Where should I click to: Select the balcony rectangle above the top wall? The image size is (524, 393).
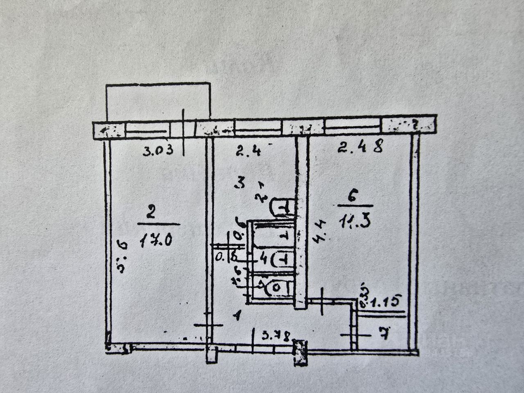[158, 102]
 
